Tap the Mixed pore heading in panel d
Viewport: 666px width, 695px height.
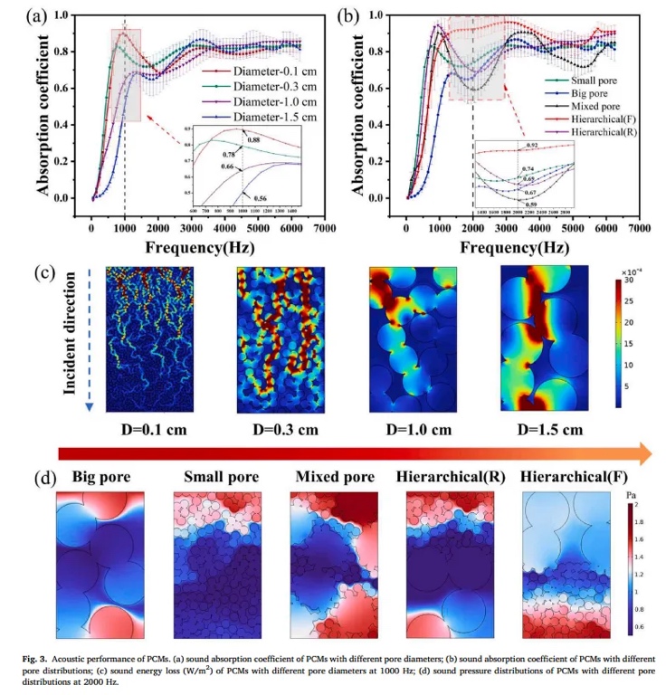coord(333,477)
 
